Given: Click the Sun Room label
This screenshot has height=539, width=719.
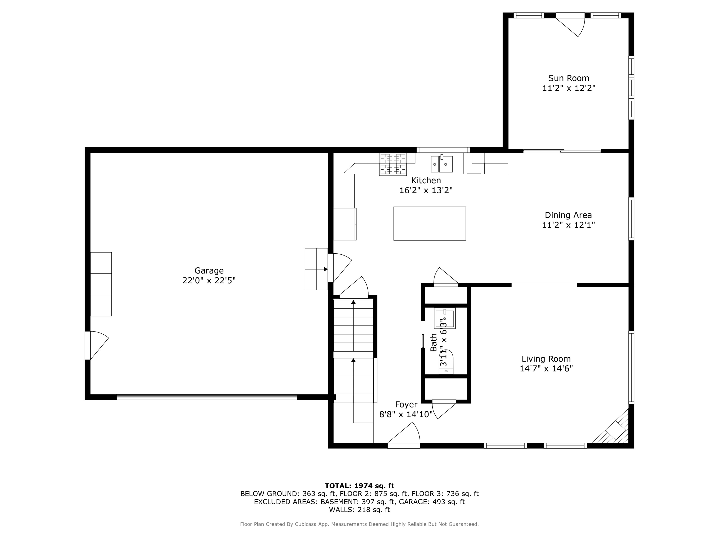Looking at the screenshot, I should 568,78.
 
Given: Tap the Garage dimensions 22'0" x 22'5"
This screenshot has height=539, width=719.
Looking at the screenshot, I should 209,280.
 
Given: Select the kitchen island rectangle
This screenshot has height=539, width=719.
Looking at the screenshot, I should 429,224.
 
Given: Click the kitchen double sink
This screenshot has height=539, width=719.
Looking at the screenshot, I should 442,164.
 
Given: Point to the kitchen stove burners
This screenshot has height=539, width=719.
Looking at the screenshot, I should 393,164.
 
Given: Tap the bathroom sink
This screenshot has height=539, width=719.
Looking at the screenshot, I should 445,318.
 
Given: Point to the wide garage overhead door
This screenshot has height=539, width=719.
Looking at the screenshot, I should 207,397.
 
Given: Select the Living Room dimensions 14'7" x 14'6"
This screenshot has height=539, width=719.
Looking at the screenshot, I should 546,368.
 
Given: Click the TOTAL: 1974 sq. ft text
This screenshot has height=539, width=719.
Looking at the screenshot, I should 359,486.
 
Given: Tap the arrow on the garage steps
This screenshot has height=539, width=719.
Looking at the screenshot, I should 325,269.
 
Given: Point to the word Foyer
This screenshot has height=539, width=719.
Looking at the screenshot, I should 406,405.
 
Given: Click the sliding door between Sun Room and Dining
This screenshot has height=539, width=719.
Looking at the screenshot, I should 562,151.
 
